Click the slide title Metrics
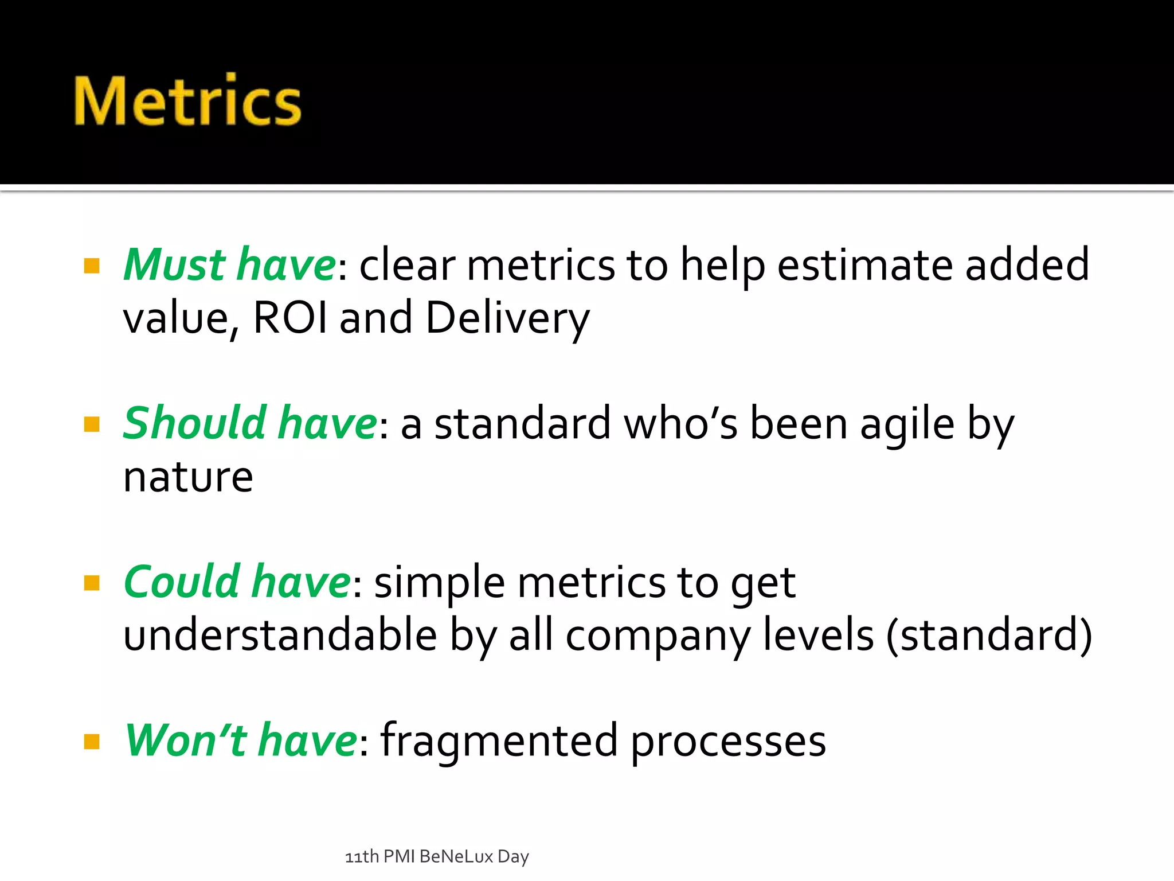click(187, 101)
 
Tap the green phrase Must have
click(230, 265)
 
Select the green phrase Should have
click(250, 423)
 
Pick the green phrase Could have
click(237, 582)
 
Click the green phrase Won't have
click(241, 740)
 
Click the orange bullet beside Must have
click(92, 266)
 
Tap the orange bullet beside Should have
click(92, 424)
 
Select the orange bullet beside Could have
click(92, 583)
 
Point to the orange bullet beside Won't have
click(92, 742)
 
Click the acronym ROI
click(289, 317)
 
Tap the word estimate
click(864, 265)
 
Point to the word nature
click(188, 477)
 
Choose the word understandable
click(280, 635)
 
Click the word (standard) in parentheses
click(989, 636)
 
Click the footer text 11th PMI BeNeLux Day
click(437, 856)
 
